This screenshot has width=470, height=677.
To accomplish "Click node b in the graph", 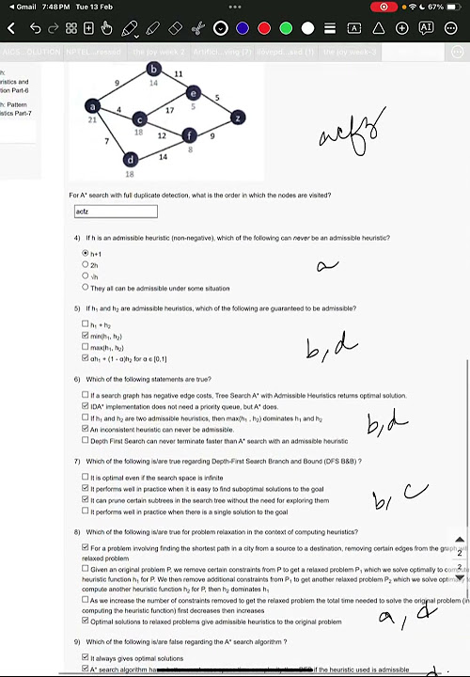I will click(154, 69).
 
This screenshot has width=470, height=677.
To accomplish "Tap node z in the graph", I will click(238, 118).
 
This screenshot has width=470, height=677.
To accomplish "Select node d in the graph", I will click(131, 160).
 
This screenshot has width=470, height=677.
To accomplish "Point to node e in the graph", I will click(193, 92).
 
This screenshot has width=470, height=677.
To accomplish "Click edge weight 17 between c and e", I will click(169, 110).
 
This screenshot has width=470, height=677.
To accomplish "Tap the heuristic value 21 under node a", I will click(92, 120).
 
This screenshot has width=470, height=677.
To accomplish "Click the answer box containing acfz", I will click(116, 212).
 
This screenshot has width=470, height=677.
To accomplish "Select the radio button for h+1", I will click(86, 254).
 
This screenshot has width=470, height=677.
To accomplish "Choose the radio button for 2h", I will click(86, 265).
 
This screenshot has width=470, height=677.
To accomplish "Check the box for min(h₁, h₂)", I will click(86, 336).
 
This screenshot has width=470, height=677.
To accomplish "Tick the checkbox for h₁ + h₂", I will click(86, 324).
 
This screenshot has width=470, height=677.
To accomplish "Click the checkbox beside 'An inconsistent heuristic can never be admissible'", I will click(86, 429).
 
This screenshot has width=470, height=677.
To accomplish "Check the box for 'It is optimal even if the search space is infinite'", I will click(86, 478).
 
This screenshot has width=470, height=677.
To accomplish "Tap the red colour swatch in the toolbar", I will click(264, 28).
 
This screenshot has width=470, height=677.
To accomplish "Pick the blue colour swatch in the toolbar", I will click(243, 28).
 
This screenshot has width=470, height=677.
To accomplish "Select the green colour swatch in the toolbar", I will click(286, 28).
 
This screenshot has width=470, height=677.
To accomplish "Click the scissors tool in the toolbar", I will click(199, 28).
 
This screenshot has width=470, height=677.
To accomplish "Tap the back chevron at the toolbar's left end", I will click(12, 28).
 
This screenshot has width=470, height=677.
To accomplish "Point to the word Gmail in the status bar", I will click(25, 7).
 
